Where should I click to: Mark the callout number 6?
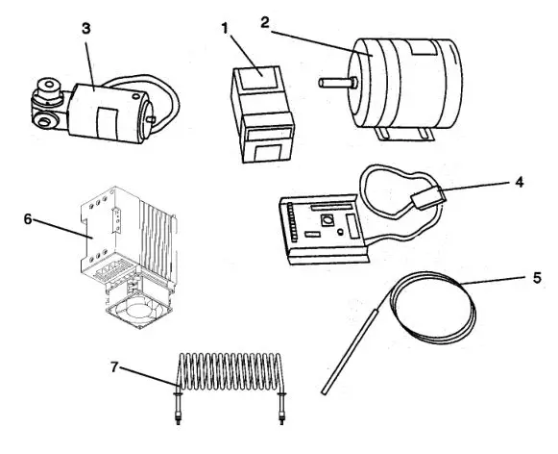[28, 218]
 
